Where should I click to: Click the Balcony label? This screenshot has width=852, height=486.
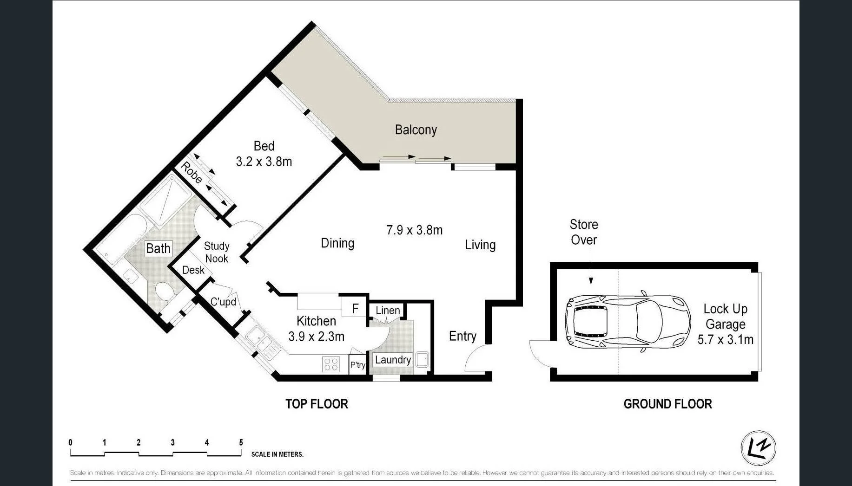[416, 130]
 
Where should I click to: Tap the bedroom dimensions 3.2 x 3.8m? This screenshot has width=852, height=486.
[264, 162]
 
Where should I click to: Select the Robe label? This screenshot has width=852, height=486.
[192, 173]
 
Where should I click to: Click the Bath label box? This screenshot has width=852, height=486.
[158, 248]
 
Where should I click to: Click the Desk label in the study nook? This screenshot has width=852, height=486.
[193, 270]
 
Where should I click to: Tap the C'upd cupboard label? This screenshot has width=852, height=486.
[223, 302]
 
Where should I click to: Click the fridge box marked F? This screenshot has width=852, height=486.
[355, 308]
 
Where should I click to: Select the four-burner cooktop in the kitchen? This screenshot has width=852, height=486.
[331, 364]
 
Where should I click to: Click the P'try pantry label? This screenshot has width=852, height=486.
[357, 365]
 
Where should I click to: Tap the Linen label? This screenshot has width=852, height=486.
[388, 311]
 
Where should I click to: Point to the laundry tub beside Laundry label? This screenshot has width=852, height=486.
[422, 359]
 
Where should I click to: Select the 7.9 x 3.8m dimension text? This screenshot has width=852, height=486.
[414, 230]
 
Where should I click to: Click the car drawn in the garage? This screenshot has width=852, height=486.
[627, 321]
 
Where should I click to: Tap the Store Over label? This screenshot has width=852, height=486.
[584, 232]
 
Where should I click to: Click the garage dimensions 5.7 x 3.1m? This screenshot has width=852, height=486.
[725, 339]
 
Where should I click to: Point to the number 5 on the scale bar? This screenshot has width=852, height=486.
[241, 442]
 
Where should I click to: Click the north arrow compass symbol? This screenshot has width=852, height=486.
[758, 448]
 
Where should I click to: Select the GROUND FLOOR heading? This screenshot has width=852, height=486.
[667, 404]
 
